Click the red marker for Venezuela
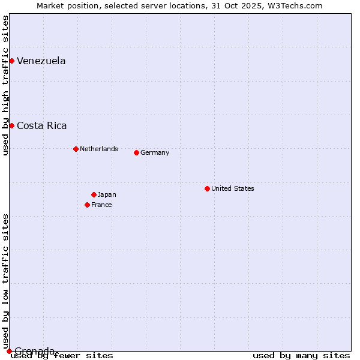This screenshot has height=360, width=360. pyautogui.click(x=11, y=61)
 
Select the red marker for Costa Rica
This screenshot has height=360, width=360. pyautogui.click(x=11, y=125)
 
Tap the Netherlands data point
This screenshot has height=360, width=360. pyautogui.click(x=76, y=149)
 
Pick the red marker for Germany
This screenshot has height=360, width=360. pyautogui.click(x=136, y=152)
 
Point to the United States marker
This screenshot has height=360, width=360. pyautogui.click(x=207, y=188)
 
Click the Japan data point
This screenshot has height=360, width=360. pyautogui.click(x=94, y=194)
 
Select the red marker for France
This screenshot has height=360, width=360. pyautogui.click(x=87, y=205)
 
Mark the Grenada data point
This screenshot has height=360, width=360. pyautogui.click(x=9, y=351)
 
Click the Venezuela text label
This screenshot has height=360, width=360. pyautogui.click(x=41, y=61)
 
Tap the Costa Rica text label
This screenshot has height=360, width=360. pyautogui.click(x=42, y=125)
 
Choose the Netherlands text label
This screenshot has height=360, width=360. pyautogui.click(x=99, y=149)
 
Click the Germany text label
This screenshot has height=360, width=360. pyautogui.click(x=155, y=152)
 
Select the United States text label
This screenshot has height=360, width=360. pyautogui.click(x=233, y=188)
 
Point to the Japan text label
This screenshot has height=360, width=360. pyautogui.click(x=107, y=194)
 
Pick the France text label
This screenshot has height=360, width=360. pyautogui.click(x=101, y=205)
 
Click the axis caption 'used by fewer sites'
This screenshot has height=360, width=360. pyautogui.click(x=62, y=355)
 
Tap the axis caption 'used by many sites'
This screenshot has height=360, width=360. pyautogui.click(x=301, y=355)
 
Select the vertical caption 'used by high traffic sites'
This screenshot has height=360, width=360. pyautogui.click(x=5, y=85)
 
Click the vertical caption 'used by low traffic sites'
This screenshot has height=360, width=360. pyautogui.click(x=5, y=281)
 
